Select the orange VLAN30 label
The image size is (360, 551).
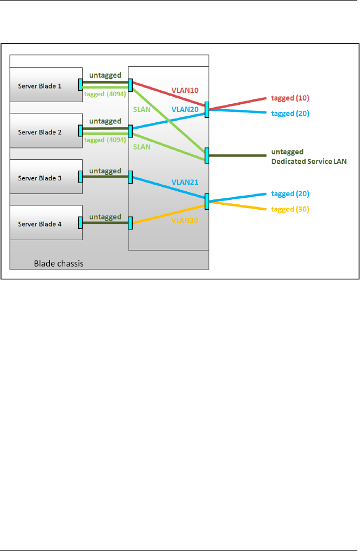point(185,220)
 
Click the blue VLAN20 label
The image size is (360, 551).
point(185,109)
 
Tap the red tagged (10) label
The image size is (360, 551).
point(290,98)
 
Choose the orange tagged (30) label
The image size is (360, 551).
point(290,209)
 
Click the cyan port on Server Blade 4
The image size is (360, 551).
point(80,223)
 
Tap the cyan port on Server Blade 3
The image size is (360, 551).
point(80,177)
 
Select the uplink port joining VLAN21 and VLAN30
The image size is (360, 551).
point(207,202)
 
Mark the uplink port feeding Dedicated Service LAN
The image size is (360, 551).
point(207,155)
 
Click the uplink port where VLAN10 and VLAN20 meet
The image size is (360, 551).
point(207,109)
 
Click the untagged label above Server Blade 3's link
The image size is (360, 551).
point(105,171)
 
